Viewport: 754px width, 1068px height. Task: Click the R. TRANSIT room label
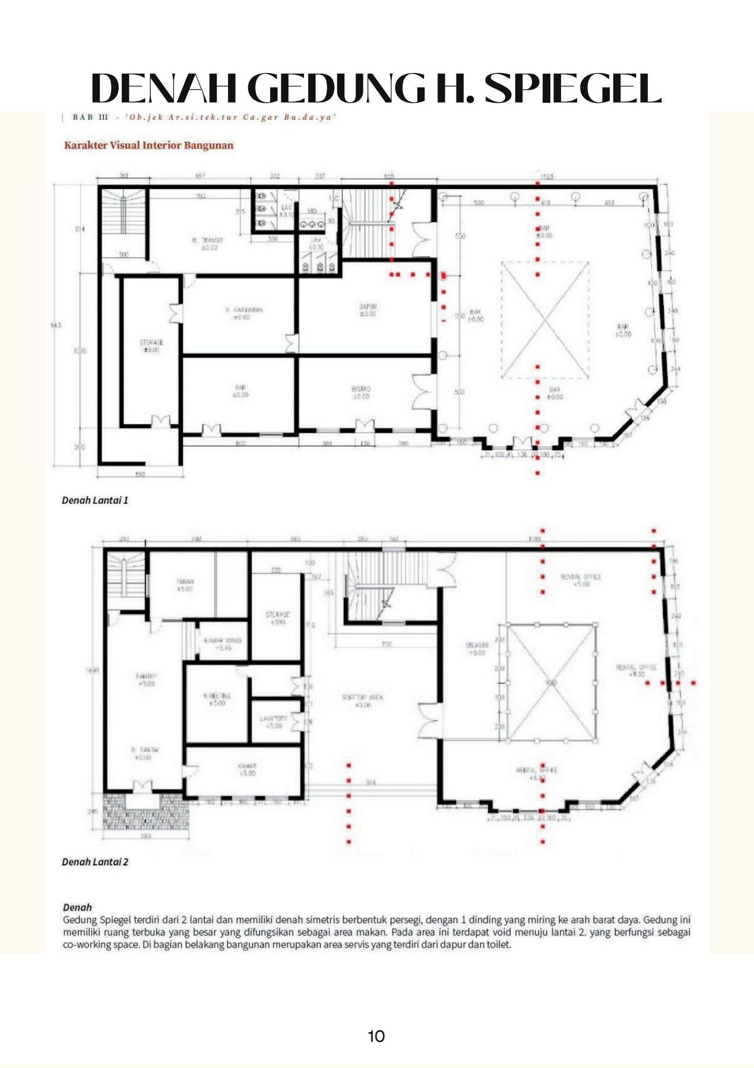coord(208,241)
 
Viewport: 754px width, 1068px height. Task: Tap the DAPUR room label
coord(368,307)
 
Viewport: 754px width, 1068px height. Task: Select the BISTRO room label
coord(361,390)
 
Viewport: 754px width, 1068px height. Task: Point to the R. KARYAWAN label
coord(243,310)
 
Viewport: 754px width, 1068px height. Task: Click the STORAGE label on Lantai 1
coord(151,343)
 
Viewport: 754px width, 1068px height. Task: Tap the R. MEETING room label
coord(217,696)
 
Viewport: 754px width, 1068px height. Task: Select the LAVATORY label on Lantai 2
coord(273,719)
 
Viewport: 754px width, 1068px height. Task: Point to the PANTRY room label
coord(146,677)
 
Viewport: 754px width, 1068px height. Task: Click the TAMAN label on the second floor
coord(185,582)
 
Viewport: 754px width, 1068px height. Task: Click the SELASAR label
coord(477,645)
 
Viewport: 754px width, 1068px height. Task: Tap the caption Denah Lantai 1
coord(95,500)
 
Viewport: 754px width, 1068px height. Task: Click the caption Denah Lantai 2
coord(95,862)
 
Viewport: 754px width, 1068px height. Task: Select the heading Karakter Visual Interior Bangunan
coord(148,145)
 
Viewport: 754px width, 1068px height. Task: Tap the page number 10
coord(376,1037)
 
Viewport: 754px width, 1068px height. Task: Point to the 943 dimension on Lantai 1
coord(56,326)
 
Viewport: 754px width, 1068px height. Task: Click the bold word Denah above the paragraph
coord(77,907)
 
